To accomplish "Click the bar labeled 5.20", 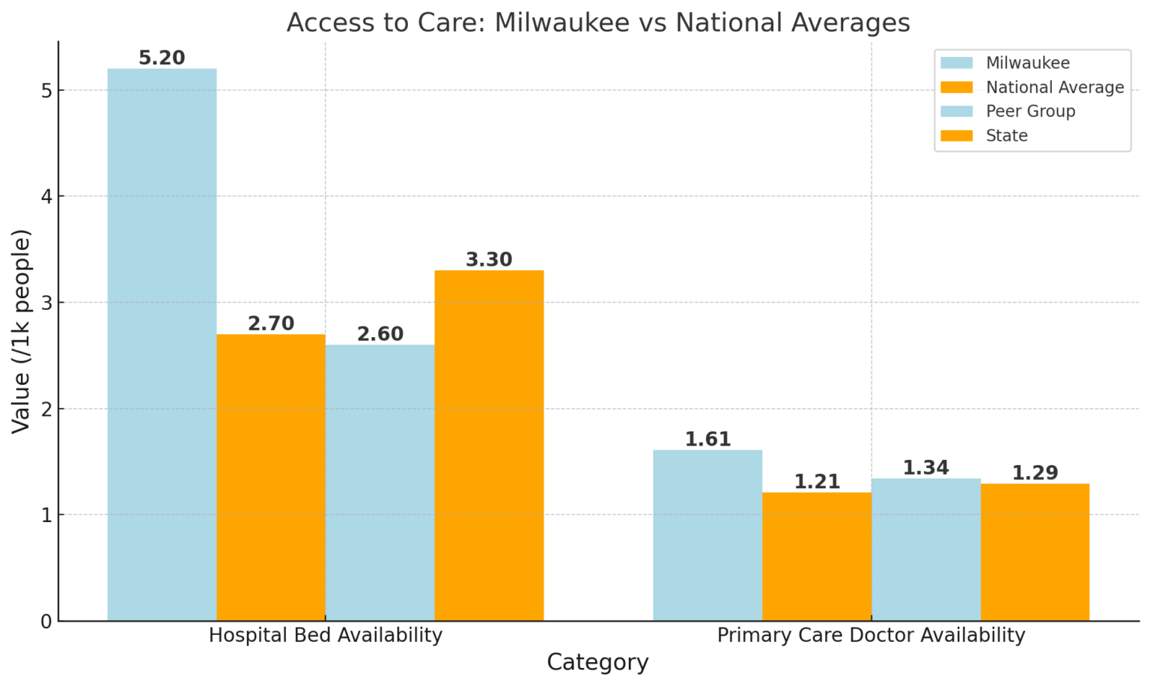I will (162, 344).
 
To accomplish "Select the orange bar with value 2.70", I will (271, 477).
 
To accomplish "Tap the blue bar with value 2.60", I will (380, 482).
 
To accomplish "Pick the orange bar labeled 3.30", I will (489, 446).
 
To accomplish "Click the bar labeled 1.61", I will (708, 535).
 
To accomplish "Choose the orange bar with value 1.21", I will (817, 556).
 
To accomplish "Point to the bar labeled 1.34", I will (926, 549).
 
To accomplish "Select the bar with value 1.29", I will (1035, 552).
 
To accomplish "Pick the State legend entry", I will (1006, 136).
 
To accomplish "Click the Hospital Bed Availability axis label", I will (326, 635).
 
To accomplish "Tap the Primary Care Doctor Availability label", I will (871, 635).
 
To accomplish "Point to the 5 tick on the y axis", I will (46, 91).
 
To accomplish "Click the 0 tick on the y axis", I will (46, 621).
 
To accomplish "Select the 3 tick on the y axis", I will (46, 303).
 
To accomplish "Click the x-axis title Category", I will (597, 662).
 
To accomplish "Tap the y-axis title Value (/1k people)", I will (21, 331).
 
